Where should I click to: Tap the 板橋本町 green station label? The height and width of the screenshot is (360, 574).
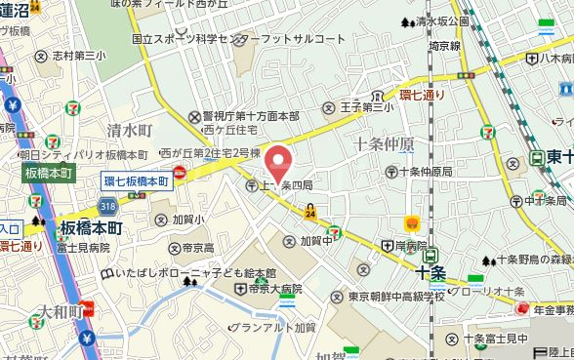point(48,173)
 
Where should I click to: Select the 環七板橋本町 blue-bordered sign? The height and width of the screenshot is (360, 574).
point(137,180)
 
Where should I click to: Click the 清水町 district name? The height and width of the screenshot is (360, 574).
point(130,130)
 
